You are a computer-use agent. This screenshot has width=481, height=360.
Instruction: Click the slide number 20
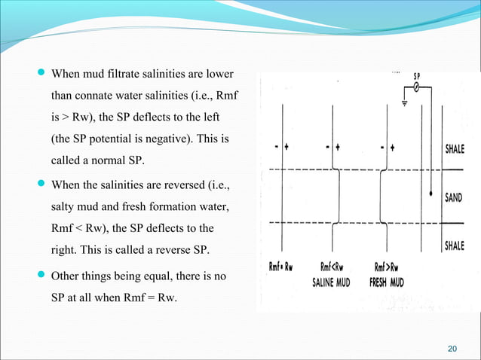tap(452, 347)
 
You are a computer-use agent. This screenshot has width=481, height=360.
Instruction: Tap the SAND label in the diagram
tap(454, 197)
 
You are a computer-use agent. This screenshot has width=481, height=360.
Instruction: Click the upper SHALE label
tap(454, 148)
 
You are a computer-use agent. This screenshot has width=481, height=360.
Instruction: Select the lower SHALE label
tap(454, 246)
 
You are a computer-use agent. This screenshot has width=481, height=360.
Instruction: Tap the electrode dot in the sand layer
tap(430, 194)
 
